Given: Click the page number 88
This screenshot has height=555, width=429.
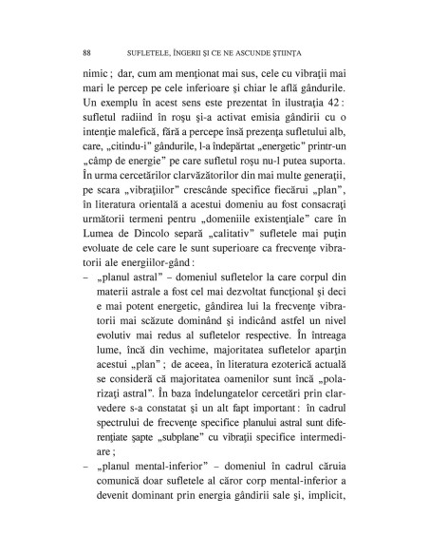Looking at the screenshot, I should tap(88, 50).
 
